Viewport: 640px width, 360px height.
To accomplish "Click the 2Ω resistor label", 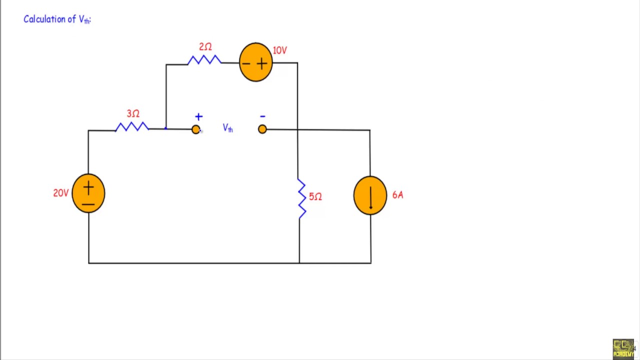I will (205, 47).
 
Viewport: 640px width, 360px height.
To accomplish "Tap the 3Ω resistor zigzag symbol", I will (132, 127).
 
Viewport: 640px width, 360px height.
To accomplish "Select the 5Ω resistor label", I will (315, 197).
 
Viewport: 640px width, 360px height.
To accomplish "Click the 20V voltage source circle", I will (88, 193).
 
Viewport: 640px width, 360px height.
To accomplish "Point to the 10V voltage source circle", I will (256, 62).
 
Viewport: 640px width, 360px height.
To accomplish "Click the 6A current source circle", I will (370, 195).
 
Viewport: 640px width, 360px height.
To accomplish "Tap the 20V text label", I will (60, 193).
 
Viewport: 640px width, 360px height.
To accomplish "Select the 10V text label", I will (280, 50).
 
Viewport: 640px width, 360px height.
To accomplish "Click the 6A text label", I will (397, 195).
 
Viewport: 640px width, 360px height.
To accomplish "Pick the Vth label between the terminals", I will (227, 128).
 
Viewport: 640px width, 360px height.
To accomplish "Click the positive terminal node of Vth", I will (195, 129).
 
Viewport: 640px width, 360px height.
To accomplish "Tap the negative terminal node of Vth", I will (262, 129).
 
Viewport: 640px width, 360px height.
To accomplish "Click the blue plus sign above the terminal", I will (198, 117).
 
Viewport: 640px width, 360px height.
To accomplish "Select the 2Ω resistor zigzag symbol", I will (204, 60).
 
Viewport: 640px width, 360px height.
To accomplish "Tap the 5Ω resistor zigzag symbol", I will (301, 198).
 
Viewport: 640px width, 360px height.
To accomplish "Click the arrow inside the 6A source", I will (370, 197).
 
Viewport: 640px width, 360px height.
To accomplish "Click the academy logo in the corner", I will (623, 348).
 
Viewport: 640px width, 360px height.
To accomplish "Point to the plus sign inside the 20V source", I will (88, 188).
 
